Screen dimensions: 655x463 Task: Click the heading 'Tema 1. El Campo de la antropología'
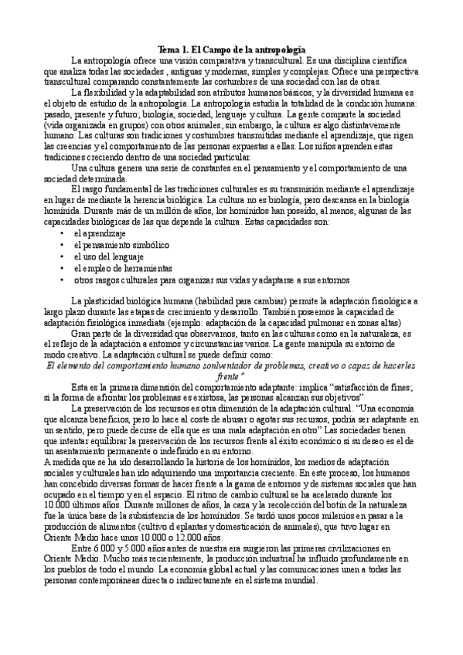231,48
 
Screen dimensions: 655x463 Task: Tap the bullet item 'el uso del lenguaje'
103,256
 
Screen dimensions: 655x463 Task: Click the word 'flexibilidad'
109,93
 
